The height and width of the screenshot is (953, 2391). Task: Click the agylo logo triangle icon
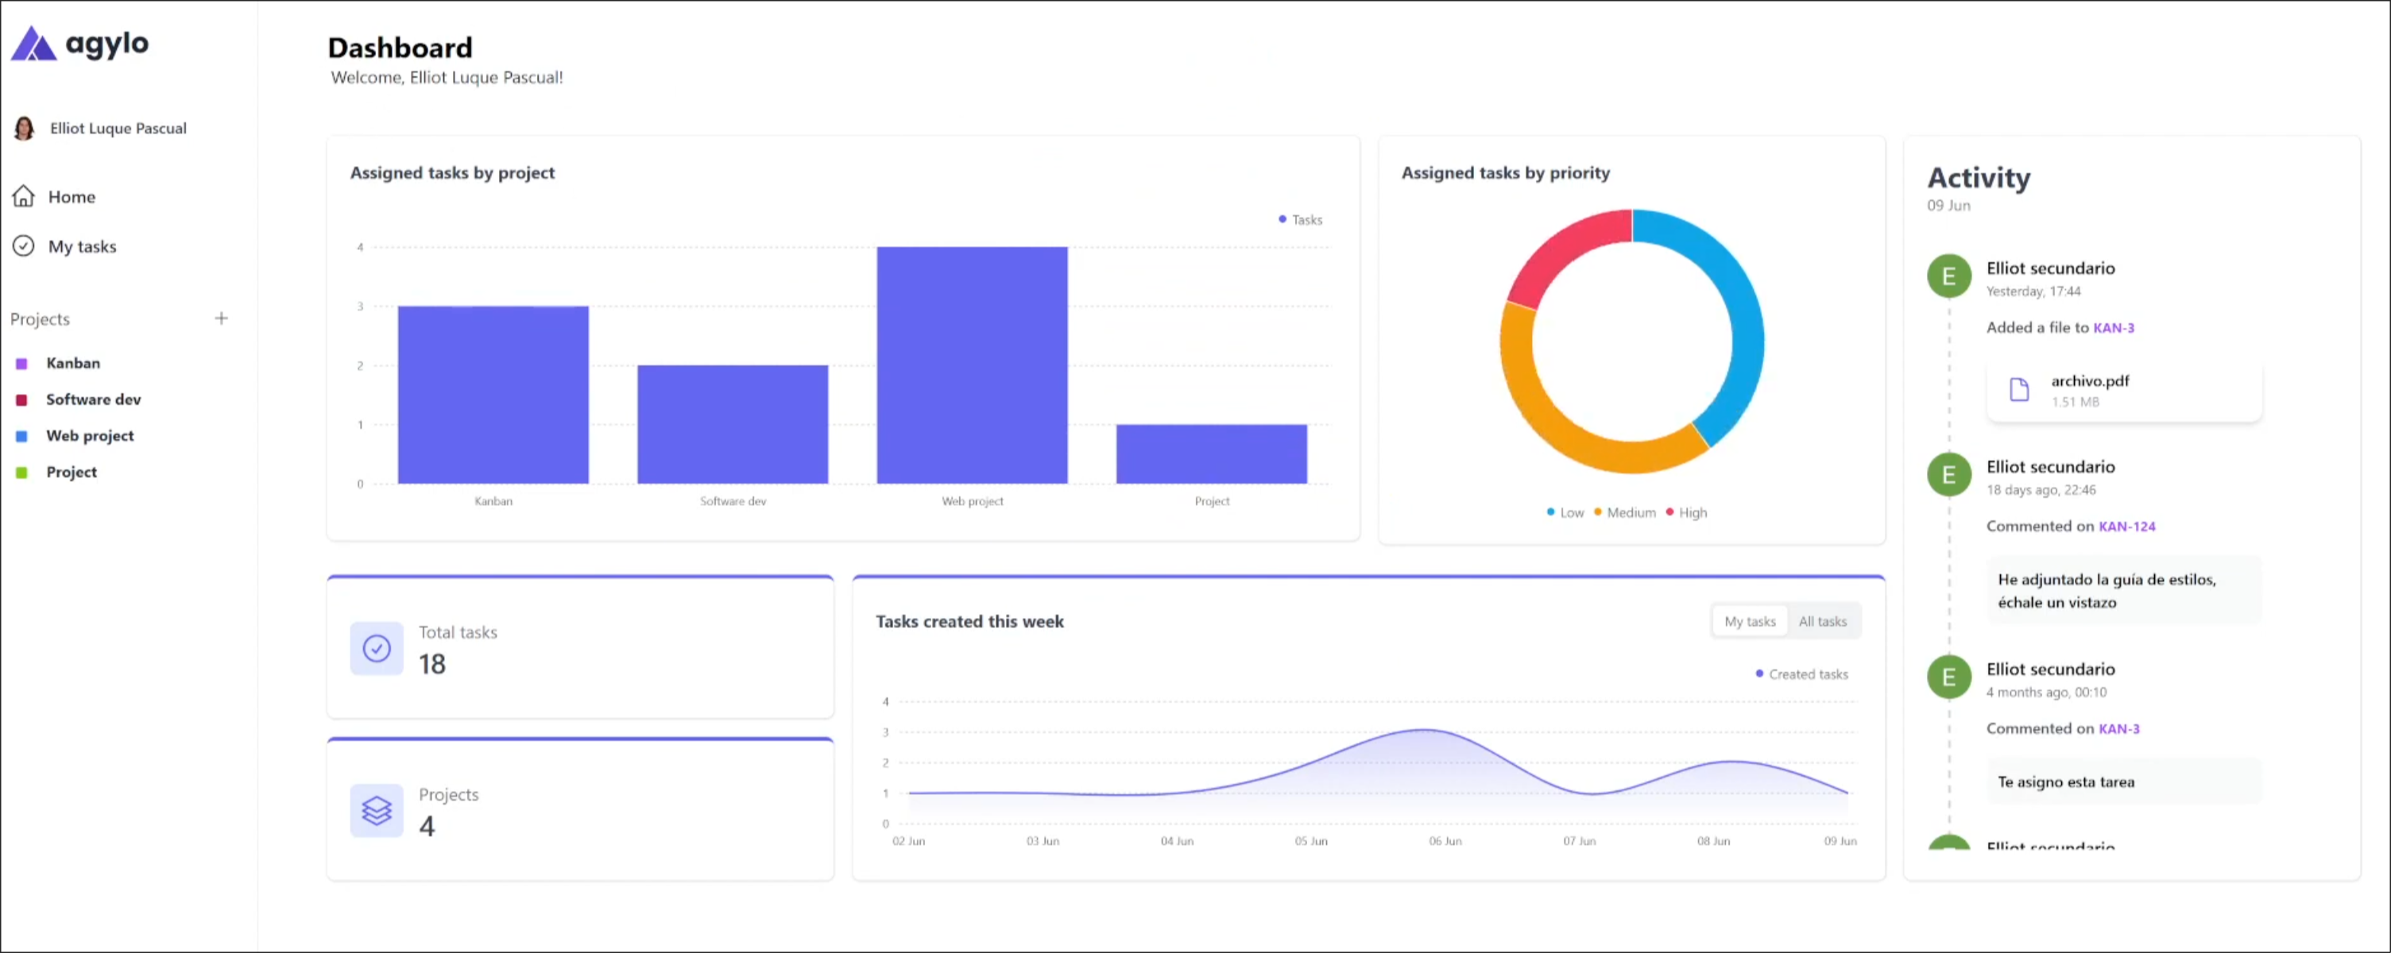(x=33, y=44)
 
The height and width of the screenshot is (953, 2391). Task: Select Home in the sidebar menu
(x=71, y=197)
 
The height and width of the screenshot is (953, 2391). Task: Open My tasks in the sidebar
(x=82, y=247)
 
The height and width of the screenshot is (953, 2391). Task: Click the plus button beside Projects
(x=221, y=318)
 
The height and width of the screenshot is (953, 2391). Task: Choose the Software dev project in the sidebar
(x=93, y=399)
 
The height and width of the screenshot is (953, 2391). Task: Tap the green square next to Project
(x=22, y=473)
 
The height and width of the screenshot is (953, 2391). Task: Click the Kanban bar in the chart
(x=493, y=395)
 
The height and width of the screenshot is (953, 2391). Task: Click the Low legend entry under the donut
(x=1566, y=512)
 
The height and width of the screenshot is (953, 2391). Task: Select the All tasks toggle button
(x=1822, y=622)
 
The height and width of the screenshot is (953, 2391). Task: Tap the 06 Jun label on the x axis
(x=1445, y=841)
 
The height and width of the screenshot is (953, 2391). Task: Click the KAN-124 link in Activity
(x=2126, y=527)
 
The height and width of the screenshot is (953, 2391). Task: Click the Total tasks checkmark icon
(x=377, y=648)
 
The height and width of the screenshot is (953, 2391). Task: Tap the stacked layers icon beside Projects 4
(x=377, y=810)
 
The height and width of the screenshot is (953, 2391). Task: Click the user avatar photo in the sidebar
(x=24, y=128)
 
